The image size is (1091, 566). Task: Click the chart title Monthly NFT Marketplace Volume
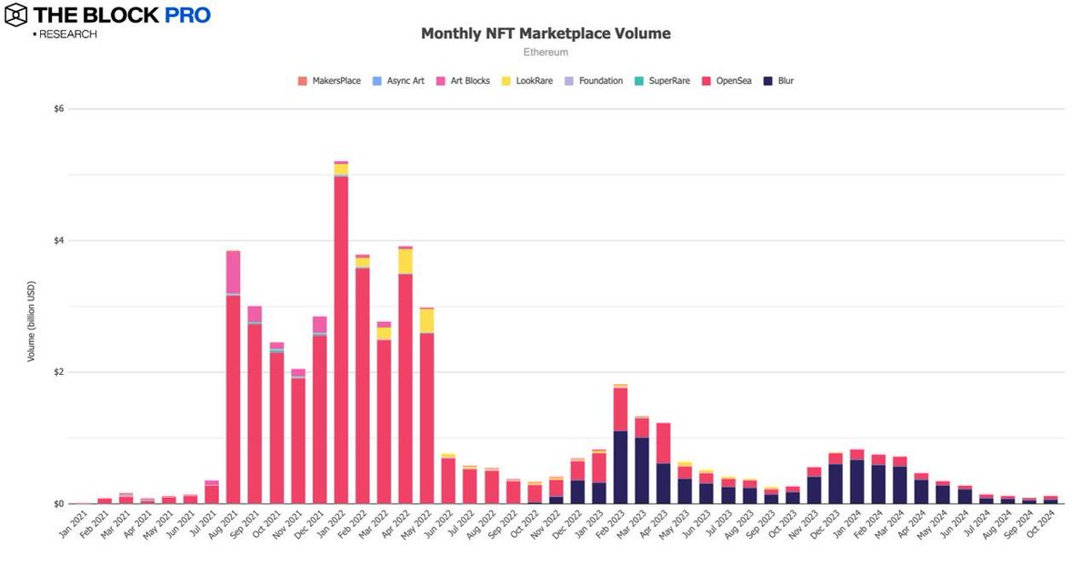pyautogui.click(x=545, y=34)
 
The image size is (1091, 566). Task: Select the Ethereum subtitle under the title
pyautogui.click(x=545, y=52)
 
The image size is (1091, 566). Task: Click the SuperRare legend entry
pyautogui.click(x=662, y=81)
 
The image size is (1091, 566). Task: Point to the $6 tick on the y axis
pyautogui.click(x=59, y=109)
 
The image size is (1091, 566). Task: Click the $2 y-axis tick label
pyautogui.click(x=59, y=373)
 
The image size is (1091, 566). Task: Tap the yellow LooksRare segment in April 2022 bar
pyautogui.click(x=405, y=261)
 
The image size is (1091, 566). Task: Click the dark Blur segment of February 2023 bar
pyautogui.click(x=621, y=468)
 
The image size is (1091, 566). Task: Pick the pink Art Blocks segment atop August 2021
pyautogui.click(x=233, y=272)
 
